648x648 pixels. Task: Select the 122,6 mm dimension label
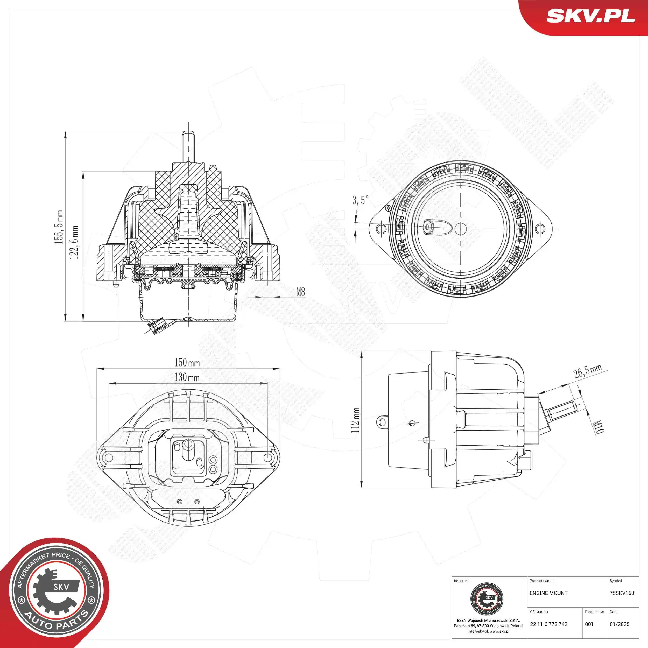(74, 242)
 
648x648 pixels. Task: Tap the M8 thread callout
(300, 292)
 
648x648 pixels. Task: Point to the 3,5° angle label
(360, 200)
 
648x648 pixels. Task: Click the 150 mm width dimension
(187, 363)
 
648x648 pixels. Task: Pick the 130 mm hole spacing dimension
(187, 377)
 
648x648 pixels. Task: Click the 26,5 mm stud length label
(587, 371)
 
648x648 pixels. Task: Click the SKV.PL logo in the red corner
(590, 16)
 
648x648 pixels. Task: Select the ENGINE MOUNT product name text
(548, 593)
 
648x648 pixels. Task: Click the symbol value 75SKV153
(622, 593)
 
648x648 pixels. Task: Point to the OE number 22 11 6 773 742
(549, 624)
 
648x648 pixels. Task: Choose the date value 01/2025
(619, 624)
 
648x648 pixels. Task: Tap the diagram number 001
(589, 624)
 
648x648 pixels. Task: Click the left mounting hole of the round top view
(380, 229)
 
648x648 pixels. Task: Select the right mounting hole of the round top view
(539, 229)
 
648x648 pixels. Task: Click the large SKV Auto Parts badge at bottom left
(55, 592)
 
